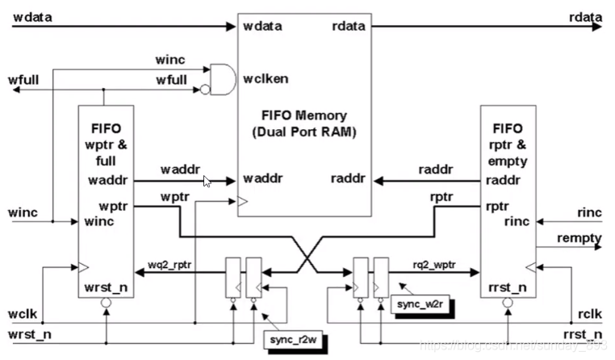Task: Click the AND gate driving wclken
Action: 221,77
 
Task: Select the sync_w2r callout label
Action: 414,304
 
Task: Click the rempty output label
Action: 578,238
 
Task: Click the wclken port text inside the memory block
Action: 266,79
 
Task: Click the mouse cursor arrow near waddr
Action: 207,182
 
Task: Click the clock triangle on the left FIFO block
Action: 82,264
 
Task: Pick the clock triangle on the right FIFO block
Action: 529,264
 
